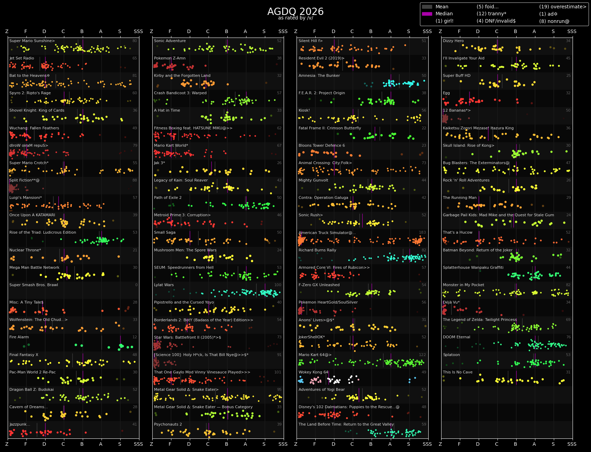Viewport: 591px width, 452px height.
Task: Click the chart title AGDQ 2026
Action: point(295,12)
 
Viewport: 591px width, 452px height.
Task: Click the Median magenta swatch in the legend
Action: point(427,14)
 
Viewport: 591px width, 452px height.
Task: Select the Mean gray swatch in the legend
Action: point(427,7)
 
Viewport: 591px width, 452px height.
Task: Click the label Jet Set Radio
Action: point(22,58)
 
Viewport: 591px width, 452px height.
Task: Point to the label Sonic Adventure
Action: point(170,41)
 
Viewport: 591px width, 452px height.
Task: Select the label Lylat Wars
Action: point(164,285)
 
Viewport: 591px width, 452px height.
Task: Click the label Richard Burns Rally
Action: point(317,250)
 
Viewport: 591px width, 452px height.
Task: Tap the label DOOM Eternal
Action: point(456,337)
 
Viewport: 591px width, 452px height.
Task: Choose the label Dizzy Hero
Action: point(453,41)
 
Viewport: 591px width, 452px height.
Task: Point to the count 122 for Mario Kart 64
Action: point(422,355)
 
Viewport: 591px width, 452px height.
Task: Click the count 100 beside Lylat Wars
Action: point(278,285)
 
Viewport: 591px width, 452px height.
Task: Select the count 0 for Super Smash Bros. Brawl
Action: point(136,285)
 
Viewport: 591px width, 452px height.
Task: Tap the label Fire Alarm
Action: point(19,337)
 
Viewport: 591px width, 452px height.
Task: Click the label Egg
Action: point(446,93)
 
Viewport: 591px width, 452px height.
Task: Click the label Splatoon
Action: point(451,355)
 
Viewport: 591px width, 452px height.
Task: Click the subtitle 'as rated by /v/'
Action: point(295,18)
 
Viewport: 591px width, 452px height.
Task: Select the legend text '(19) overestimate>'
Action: point(562,7)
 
